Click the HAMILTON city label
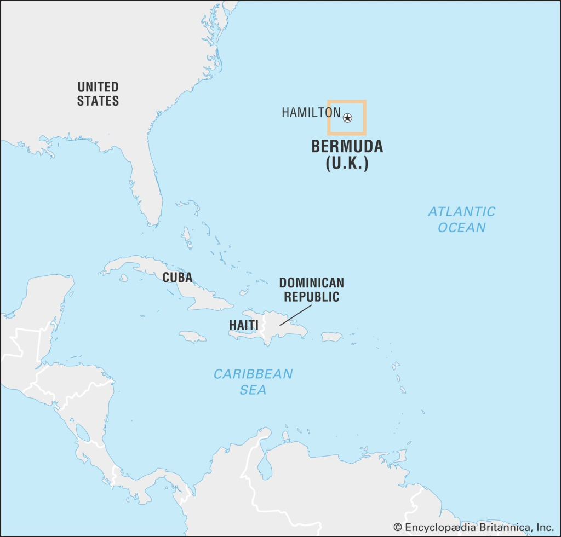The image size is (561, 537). pos(311,113)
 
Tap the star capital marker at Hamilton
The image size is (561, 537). pos(347,118)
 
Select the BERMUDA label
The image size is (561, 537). pos(347,147)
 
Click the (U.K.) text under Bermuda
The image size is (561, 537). pos(347,164)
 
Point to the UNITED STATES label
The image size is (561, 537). pos(98,94)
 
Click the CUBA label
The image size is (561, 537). pos(177,278)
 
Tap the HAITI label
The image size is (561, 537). pos(243,325)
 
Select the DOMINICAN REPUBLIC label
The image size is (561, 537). pos(311,290)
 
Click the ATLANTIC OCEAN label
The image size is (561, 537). pos(461,219)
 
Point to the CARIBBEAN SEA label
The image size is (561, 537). pos(253,382)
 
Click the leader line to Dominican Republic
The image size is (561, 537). pos(294,315)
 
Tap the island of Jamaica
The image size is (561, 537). pos(192,336)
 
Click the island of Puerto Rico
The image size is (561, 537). pos(331,337)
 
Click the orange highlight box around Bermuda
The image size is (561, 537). pos(347,101)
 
